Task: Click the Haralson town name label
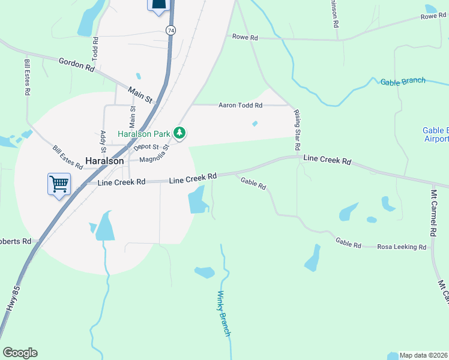click(x=105, y=161)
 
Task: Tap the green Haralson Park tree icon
click(x=179, y=133)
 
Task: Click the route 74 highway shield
click(x=171, y=29)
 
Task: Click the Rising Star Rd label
click(x=297, y=130)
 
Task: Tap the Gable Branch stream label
click(x=403, y=81)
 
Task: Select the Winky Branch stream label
click(x=223, y=313)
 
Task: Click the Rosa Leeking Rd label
click(x=402, y=247)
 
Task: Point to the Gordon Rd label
click(x=77, y=65)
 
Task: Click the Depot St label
click(x=146, y=146)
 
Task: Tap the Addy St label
click(x=103, y=140)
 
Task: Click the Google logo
click(x=20, y=352)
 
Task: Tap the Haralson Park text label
click(x=144, y=133)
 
